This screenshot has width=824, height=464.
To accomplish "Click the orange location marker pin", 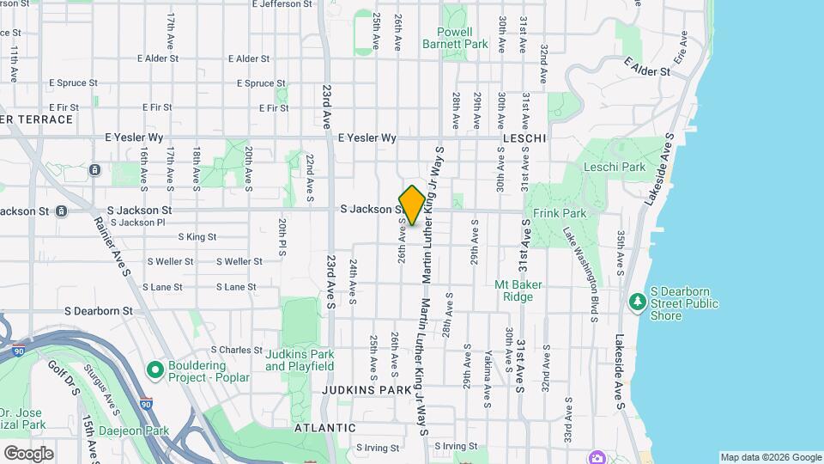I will click(412, 205).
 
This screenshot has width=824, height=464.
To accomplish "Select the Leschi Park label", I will click(614, 167).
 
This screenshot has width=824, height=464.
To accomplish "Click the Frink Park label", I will click(559, 212).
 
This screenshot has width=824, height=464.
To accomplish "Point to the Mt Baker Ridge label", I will click(514, 290).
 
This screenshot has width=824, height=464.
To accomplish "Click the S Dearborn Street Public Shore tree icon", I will click(637, 302).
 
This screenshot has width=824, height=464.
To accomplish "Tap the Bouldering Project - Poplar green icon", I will click(155, 370).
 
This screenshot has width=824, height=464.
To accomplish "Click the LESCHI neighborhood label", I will click(524, 137).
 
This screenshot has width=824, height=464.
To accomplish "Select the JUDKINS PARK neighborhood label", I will click(367, 390).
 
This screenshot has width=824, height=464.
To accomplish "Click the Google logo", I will click(28, 453).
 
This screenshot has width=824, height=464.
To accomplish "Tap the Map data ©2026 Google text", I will click(770, 457).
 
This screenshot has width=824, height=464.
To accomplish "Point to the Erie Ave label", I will click(682, 49).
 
